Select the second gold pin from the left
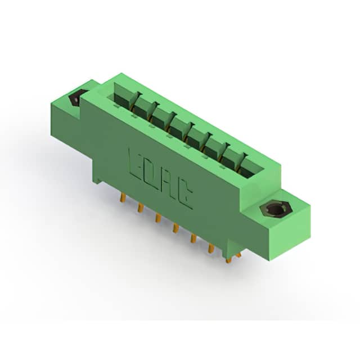click(x=140, y=208)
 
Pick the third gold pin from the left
click(x=157, y=218)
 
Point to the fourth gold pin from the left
click(x=175, y=228)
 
